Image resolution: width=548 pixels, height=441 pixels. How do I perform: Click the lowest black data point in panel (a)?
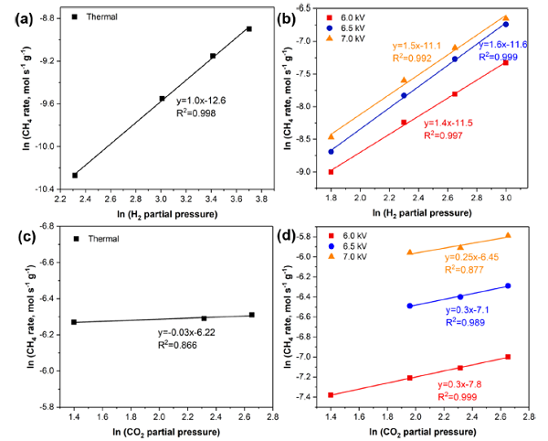click(75, 175)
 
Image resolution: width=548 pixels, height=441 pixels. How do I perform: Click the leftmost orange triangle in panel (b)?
click(331, 136)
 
